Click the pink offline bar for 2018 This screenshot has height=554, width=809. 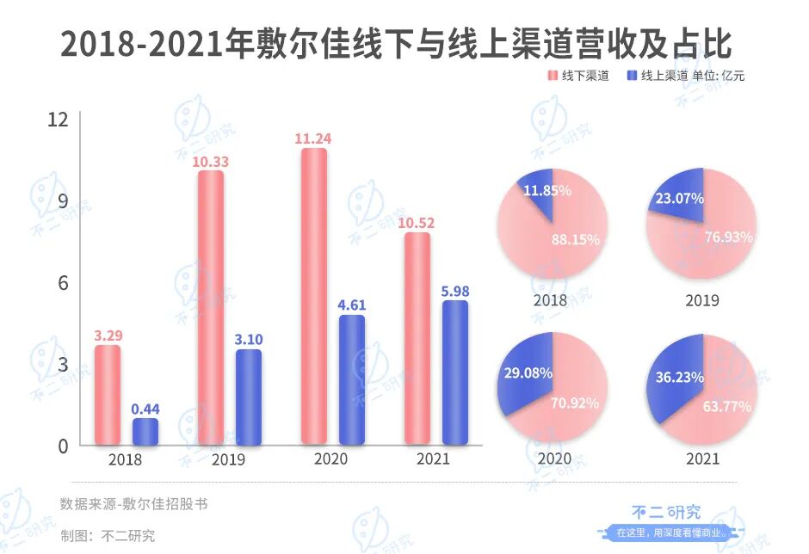point(108,395)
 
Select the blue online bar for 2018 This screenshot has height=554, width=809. point(145,432)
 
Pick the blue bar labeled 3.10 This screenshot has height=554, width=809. point(249,397)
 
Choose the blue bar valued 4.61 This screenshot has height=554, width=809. point(351,379)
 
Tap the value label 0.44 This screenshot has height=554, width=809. point(145,408)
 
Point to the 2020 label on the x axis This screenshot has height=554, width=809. point(330,459)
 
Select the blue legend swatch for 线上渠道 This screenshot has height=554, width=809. point(633,76)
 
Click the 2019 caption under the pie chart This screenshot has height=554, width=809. point(702,301)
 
